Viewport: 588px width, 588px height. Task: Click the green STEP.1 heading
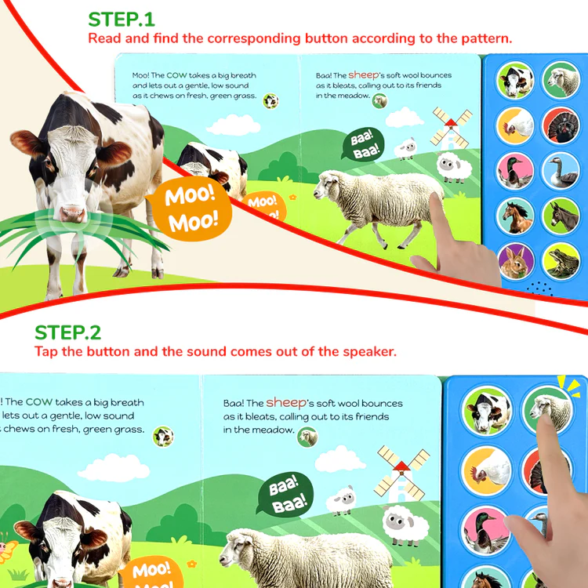point(121,20)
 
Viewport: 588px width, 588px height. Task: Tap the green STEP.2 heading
point(67,332)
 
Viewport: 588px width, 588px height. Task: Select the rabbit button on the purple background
point(516,261)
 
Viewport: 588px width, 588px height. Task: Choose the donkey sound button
point(561,216)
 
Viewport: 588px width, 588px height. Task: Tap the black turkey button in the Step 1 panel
point(561,125)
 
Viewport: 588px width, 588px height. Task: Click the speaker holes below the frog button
point(540,289)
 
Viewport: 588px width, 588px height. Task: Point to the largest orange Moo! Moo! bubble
point(190,209)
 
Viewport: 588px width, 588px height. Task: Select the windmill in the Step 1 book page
point(451,129)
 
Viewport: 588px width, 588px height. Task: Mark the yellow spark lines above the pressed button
point(570,386)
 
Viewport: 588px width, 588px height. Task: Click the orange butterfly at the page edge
point(7,548)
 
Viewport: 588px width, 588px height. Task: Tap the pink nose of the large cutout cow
point(72,213)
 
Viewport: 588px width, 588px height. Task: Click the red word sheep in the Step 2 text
point(286,403)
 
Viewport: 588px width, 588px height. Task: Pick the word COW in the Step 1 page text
point(176,75)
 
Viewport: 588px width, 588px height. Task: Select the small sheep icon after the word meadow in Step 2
point(307,437)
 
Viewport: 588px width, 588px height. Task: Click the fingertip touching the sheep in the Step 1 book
point(435,199)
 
